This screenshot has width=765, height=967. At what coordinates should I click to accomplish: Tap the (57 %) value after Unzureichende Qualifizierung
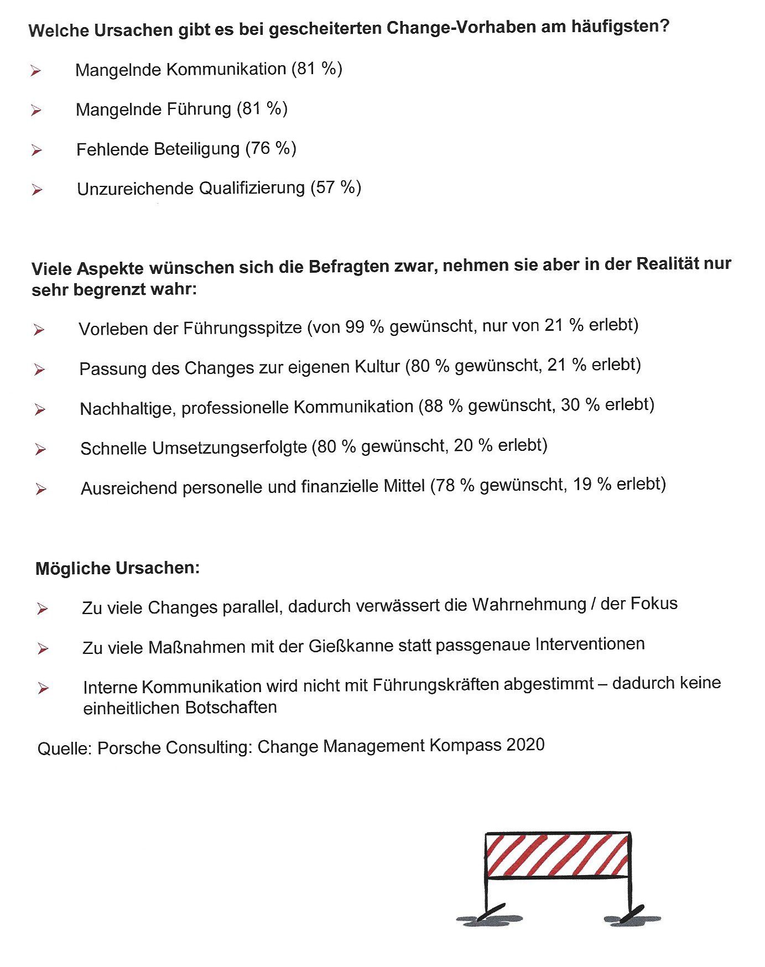(x=336, y=188)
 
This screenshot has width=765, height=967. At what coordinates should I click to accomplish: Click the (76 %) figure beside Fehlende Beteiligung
(x=271, y=148)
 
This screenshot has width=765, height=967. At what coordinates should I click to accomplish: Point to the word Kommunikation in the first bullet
(x=226, y=69)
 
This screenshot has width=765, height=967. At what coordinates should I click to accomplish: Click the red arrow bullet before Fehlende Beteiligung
(x=37, y=150)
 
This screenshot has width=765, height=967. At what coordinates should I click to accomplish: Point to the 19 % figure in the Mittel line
(x=592, y=485)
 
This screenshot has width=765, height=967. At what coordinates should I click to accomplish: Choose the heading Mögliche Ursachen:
(x=117, y=568)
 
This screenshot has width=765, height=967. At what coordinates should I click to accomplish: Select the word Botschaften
(x=231, y=708)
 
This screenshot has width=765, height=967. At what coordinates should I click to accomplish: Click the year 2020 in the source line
(x=525, y=745)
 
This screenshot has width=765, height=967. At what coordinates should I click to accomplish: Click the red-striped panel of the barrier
(x=558, y=855)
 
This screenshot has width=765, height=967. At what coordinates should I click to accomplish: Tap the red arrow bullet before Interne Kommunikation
(x=43, y=688)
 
